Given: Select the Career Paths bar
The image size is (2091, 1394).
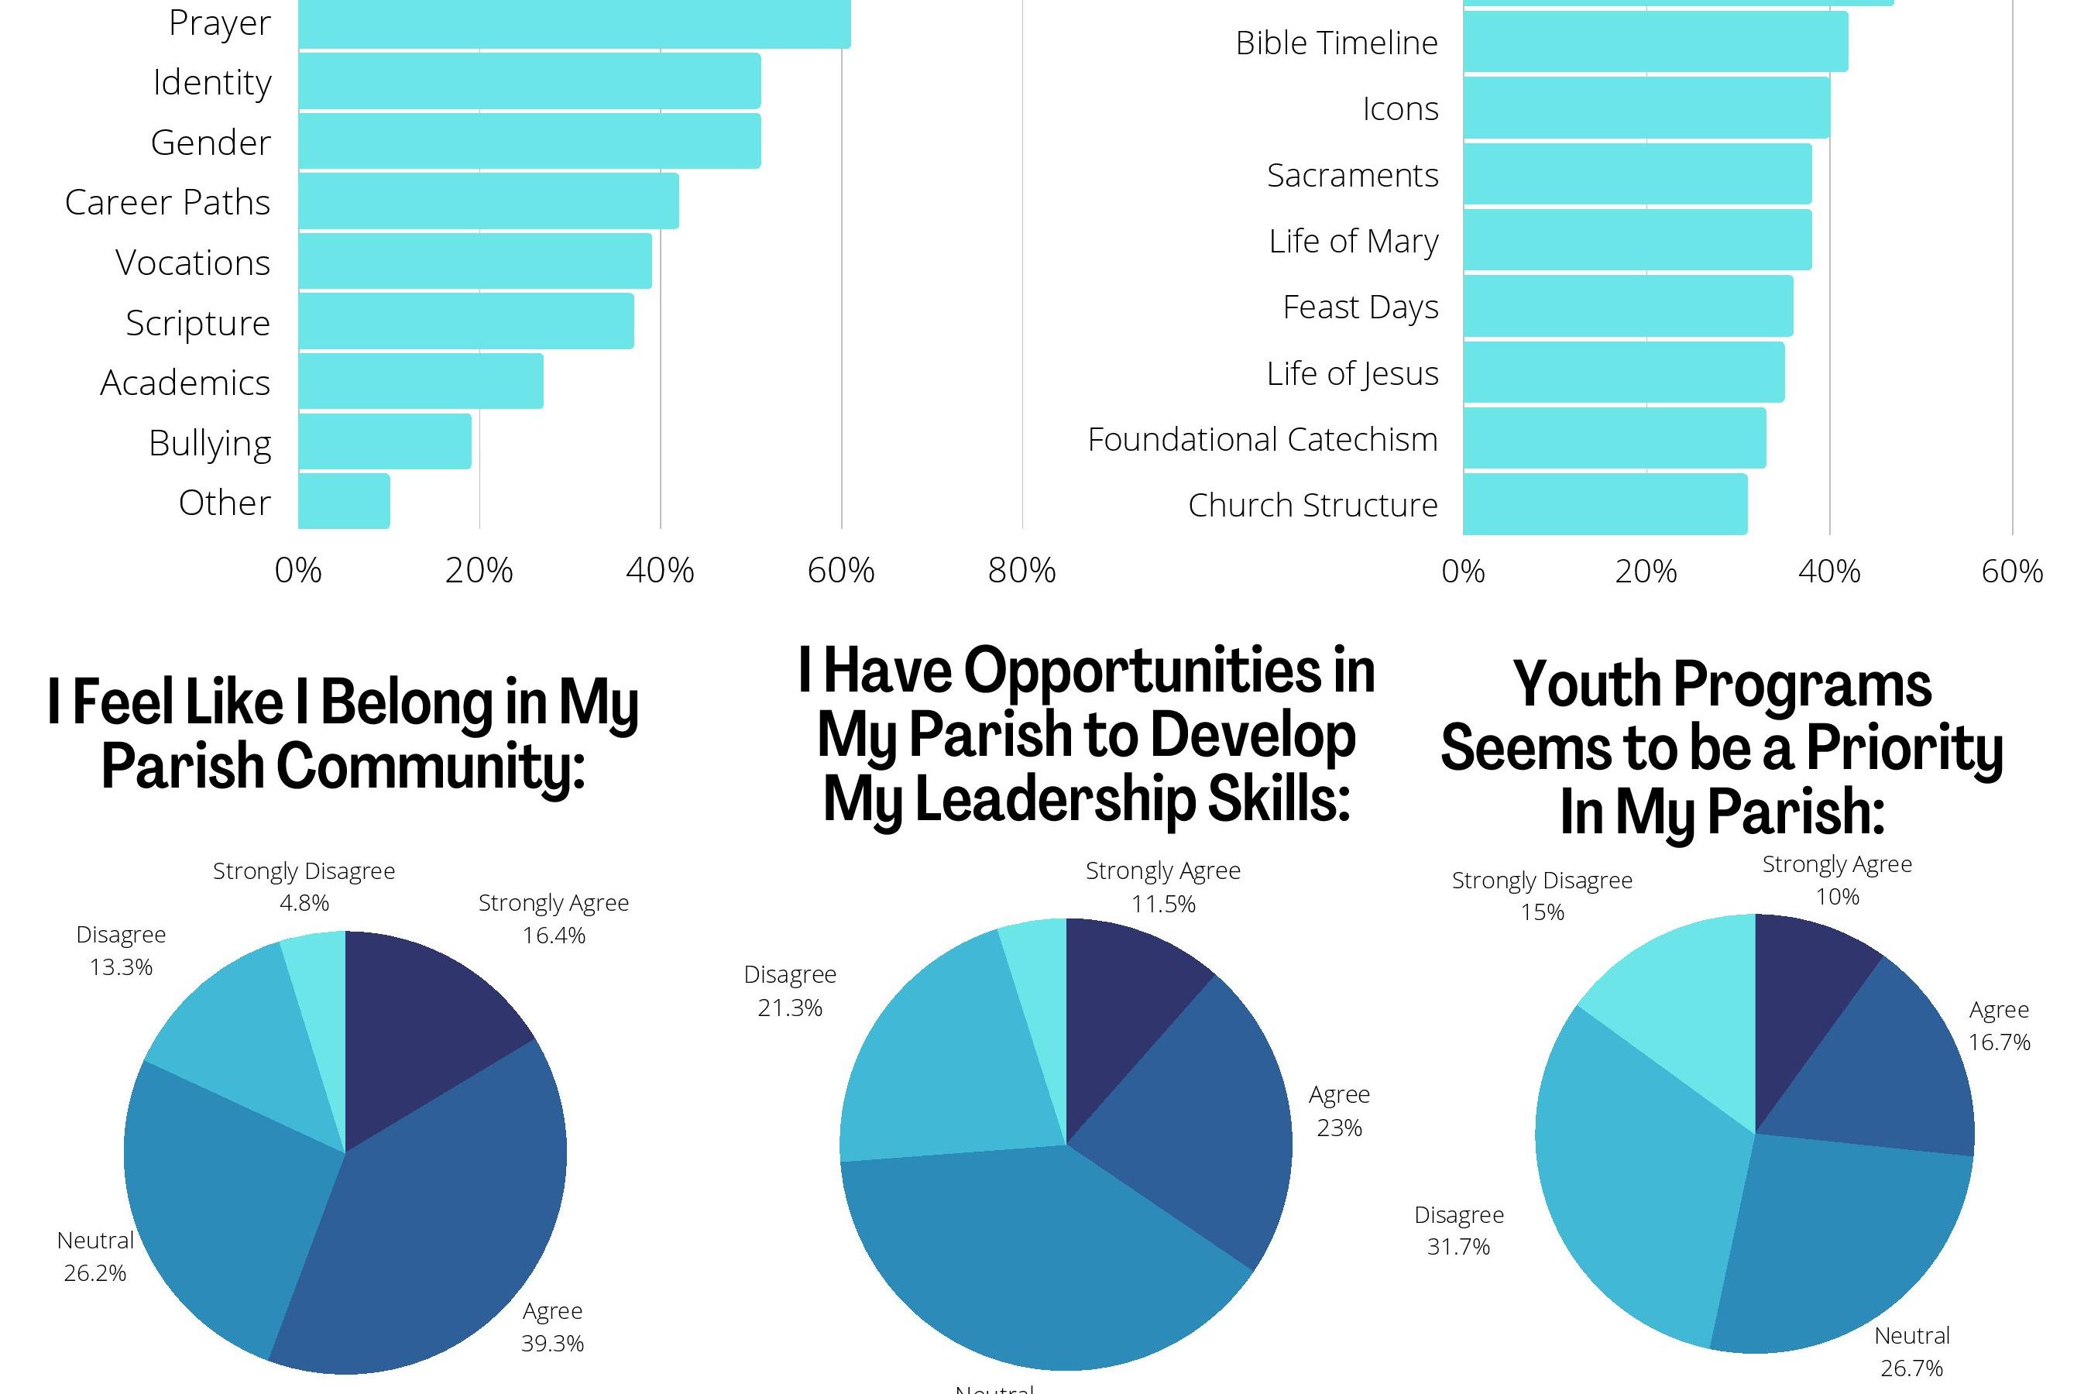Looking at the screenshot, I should (488, 201).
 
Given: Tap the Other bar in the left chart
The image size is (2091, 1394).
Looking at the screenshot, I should (344, 501).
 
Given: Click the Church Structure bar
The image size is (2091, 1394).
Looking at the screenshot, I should (1605, 504).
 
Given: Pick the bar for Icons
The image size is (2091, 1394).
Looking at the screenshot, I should (1646, 108).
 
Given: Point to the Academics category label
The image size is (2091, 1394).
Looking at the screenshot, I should (185, 383).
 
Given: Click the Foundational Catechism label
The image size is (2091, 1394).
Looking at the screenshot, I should (1262, 439).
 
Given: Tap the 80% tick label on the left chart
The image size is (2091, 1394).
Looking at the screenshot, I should (1021, 571).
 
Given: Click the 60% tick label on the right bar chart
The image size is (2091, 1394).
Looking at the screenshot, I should (2012, 571).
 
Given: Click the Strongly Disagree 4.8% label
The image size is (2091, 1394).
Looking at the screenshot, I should (304, 887).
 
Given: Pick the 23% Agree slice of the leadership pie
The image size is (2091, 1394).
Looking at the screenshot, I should (1191, 1129).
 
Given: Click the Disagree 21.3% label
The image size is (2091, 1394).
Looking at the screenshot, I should (789, 991).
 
